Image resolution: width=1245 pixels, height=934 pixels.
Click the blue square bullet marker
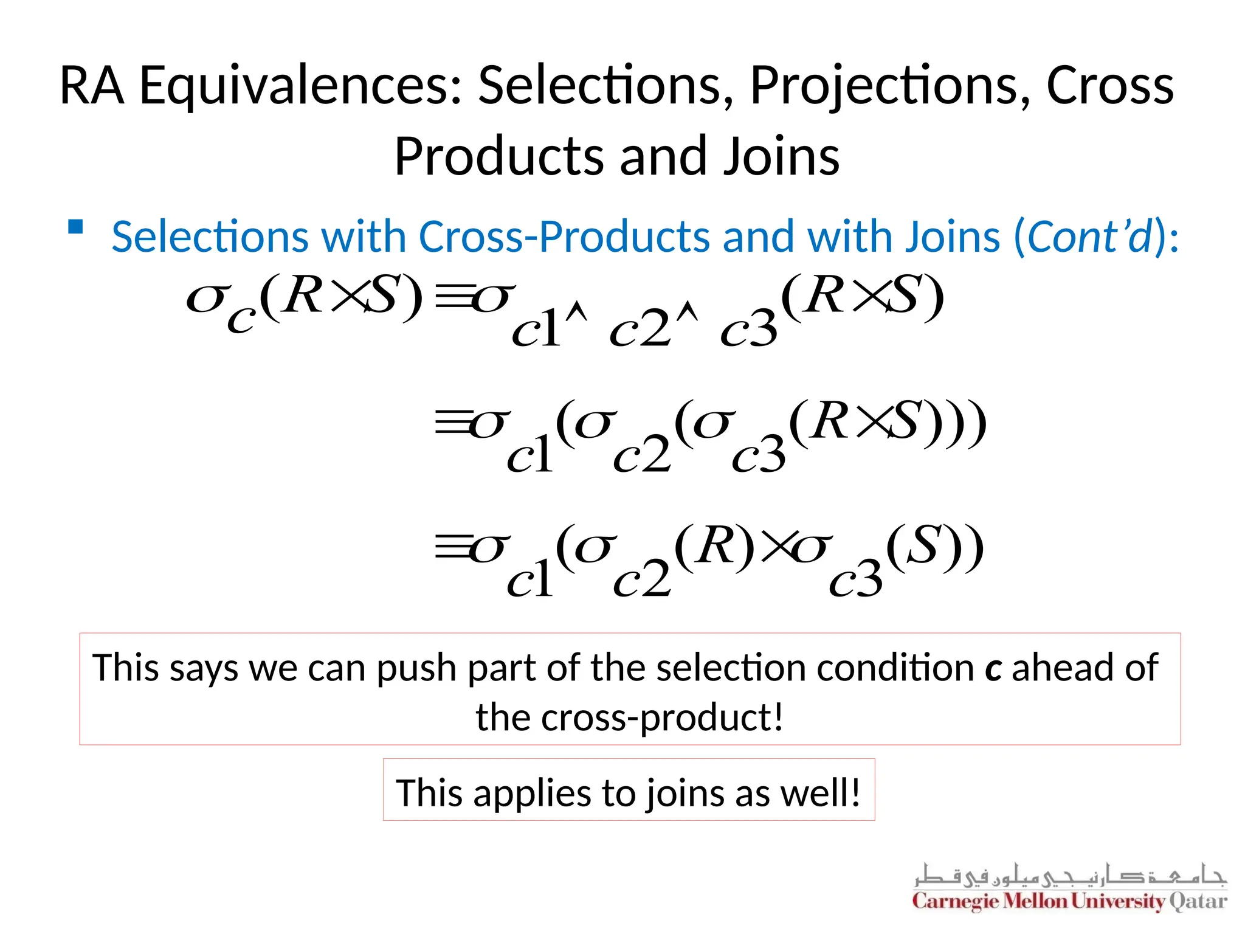(75, 227)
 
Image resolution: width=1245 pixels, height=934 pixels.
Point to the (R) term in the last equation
(715, 547)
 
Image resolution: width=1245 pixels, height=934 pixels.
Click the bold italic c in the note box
(993, 668)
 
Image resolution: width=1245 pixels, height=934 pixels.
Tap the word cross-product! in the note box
(629, 718)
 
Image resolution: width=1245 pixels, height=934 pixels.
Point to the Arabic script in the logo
(1070, 876)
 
